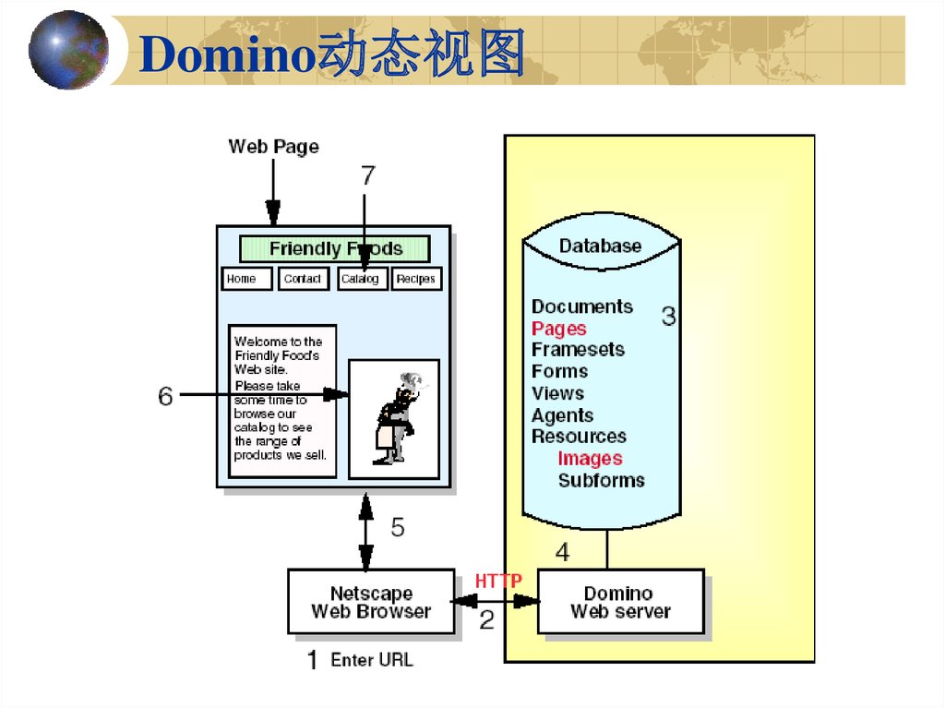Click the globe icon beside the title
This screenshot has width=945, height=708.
[67, 51]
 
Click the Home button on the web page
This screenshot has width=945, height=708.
[246, 279]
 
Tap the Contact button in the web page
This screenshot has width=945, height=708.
[304, 279]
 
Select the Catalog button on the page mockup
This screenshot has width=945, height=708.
[362, 279]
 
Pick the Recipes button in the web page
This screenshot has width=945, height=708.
[416, 279]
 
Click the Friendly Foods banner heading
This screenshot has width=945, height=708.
[335, 248]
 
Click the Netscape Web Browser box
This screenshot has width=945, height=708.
[371, 602]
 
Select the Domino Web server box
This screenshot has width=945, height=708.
[620, 602]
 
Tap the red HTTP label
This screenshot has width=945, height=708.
[498, 581]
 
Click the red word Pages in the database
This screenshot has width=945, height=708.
[558, 329]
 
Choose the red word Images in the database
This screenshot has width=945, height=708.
[590, 459]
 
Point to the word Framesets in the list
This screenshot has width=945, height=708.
[578, 350]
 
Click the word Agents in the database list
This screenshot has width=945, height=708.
[562, 415]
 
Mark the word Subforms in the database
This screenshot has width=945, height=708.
[601, 480]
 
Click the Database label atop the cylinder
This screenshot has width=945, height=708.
[600, 246]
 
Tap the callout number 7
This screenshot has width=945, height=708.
[368, 175]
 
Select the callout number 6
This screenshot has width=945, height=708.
[165, 396]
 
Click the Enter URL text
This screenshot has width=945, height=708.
[372, 660]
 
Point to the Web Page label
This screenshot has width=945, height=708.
[273, 147]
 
